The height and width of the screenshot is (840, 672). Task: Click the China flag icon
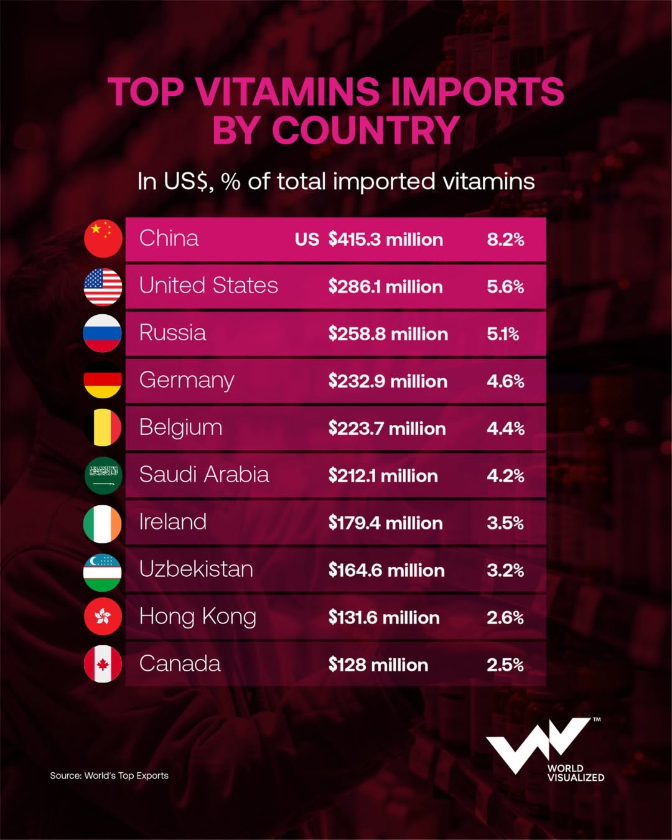[103, 239]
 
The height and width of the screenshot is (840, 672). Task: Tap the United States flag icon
[103, 287]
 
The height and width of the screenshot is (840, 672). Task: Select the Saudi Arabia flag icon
[103, 476]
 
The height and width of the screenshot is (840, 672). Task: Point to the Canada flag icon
[103, 665]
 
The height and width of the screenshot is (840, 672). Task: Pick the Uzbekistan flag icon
[103, 571]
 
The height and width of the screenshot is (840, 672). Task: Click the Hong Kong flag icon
[103, 617]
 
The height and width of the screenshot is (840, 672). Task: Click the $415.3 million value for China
[386, 240]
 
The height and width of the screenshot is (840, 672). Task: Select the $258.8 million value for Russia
[388, 334]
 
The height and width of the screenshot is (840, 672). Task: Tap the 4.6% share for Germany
[505, 381]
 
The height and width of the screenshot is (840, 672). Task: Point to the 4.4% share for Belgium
[505, 429]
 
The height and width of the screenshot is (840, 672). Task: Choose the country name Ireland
[172, 521]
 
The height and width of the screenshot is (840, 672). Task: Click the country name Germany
[187, 380]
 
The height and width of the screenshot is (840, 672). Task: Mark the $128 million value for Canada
[378, 665]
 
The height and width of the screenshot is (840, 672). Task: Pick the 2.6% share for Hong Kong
[505, 618]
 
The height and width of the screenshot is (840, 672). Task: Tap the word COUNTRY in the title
[366, 131]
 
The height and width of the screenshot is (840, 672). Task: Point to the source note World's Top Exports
[110, 776]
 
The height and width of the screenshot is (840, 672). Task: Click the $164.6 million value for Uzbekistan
[386, 571]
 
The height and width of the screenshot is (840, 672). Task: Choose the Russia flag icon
[103, 334]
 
